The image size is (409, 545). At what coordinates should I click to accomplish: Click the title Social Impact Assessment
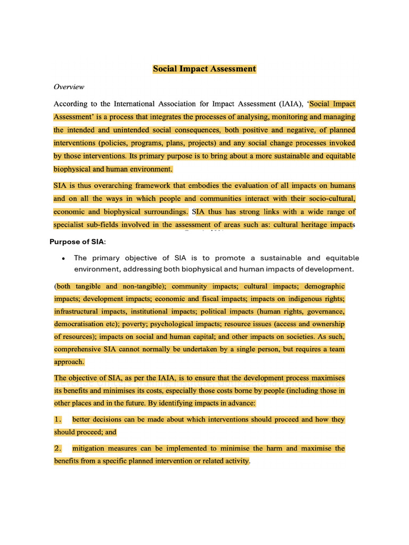tap(204, 69)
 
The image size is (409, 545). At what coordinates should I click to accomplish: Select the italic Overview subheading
tap(69, 87)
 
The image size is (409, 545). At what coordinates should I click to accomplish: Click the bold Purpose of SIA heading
tap(78, 242)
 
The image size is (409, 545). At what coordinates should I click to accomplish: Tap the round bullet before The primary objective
tap(63, 258)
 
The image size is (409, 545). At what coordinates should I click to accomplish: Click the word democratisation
tap(81, 324)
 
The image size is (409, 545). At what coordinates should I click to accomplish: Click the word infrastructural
tap(76, 311)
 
